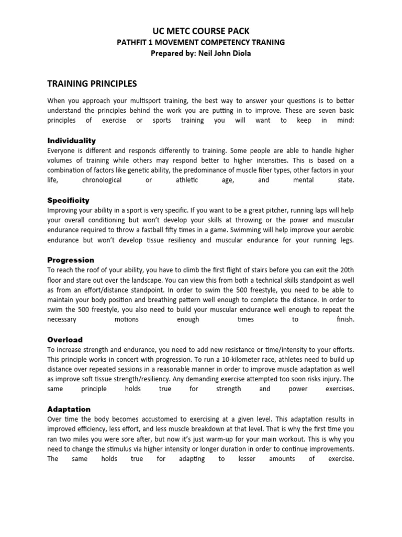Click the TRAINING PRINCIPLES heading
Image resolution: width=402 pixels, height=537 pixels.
92,83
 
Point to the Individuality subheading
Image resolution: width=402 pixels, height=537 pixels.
72,141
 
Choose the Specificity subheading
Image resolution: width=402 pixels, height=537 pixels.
69,200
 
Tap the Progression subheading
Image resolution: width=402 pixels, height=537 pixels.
71,260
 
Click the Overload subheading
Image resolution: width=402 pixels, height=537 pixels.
65,339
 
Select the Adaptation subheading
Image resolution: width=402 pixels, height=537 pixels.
69,409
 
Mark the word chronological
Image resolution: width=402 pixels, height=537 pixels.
102,180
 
